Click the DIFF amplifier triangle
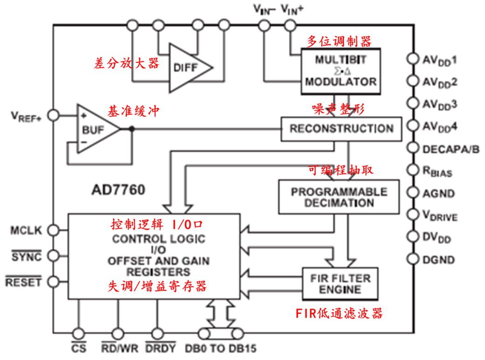(186, 68)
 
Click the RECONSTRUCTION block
(341, 129)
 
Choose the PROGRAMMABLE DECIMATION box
(339, 197)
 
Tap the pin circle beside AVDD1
(412, 59)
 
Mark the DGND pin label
(438, 259)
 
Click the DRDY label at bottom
(160, 348)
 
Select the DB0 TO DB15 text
(221, 348)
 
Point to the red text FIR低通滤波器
(339, 313)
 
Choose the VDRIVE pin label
(440, 215)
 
